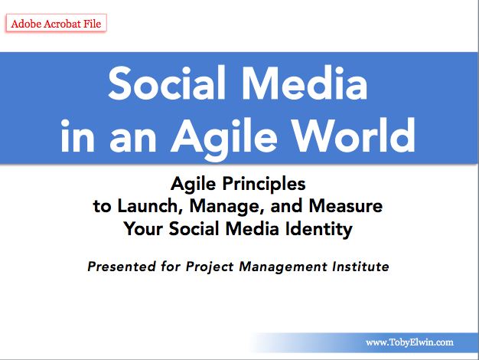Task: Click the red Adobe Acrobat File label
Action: pos(56,23)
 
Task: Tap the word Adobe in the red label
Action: pos(26,24)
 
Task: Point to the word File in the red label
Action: pos(93,24)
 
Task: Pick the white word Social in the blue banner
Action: pos(167,83)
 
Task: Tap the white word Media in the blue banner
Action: pos(305,83)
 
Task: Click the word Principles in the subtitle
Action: pos(264,185)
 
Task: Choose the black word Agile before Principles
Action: pos(194,185)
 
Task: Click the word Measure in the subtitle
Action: pos(346,206)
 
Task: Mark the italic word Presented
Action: pos(122,267)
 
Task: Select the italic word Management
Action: pos(283,267)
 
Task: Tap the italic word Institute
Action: pos(360,267)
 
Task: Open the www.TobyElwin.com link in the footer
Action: pos(409,342)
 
